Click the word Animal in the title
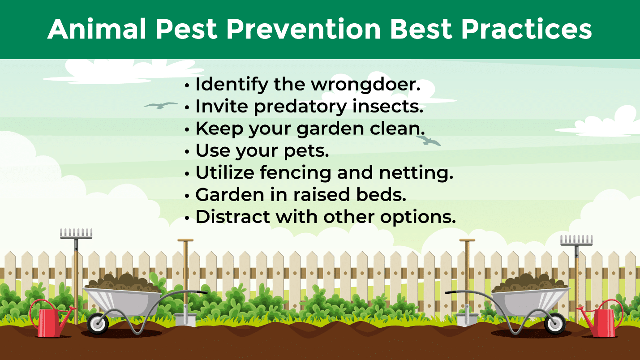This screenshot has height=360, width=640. tap(97, 29)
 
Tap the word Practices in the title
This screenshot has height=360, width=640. tap(527, 29)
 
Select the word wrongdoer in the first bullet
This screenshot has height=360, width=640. tap(365, 85)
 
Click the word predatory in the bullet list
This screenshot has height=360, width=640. tap(300, 107)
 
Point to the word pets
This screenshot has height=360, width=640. tap(306, 151)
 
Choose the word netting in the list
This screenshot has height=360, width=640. tap(416, 173)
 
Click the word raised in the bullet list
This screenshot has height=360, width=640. tap(322, 195)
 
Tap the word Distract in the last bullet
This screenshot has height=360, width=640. tap(233, 217)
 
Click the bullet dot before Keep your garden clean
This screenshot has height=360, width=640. tap(187, 130)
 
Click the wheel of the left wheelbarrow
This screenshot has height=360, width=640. tap(98, 324)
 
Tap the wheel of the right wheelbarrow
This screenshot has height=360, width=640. tap(555, 324)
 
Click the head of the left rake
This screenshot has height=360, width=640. tap(76, 233)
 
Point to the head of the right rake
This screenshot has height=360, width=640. tap(576, 240)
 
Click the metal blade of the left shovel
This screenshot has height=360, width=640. tap(185, 318)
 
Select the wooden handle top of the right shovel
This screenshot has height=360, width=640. tap(467, 240)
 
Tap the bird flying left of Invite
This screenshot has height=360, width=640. tap(161, 105)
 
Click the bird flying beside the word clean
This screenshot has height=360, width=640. tap(428, 141)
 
